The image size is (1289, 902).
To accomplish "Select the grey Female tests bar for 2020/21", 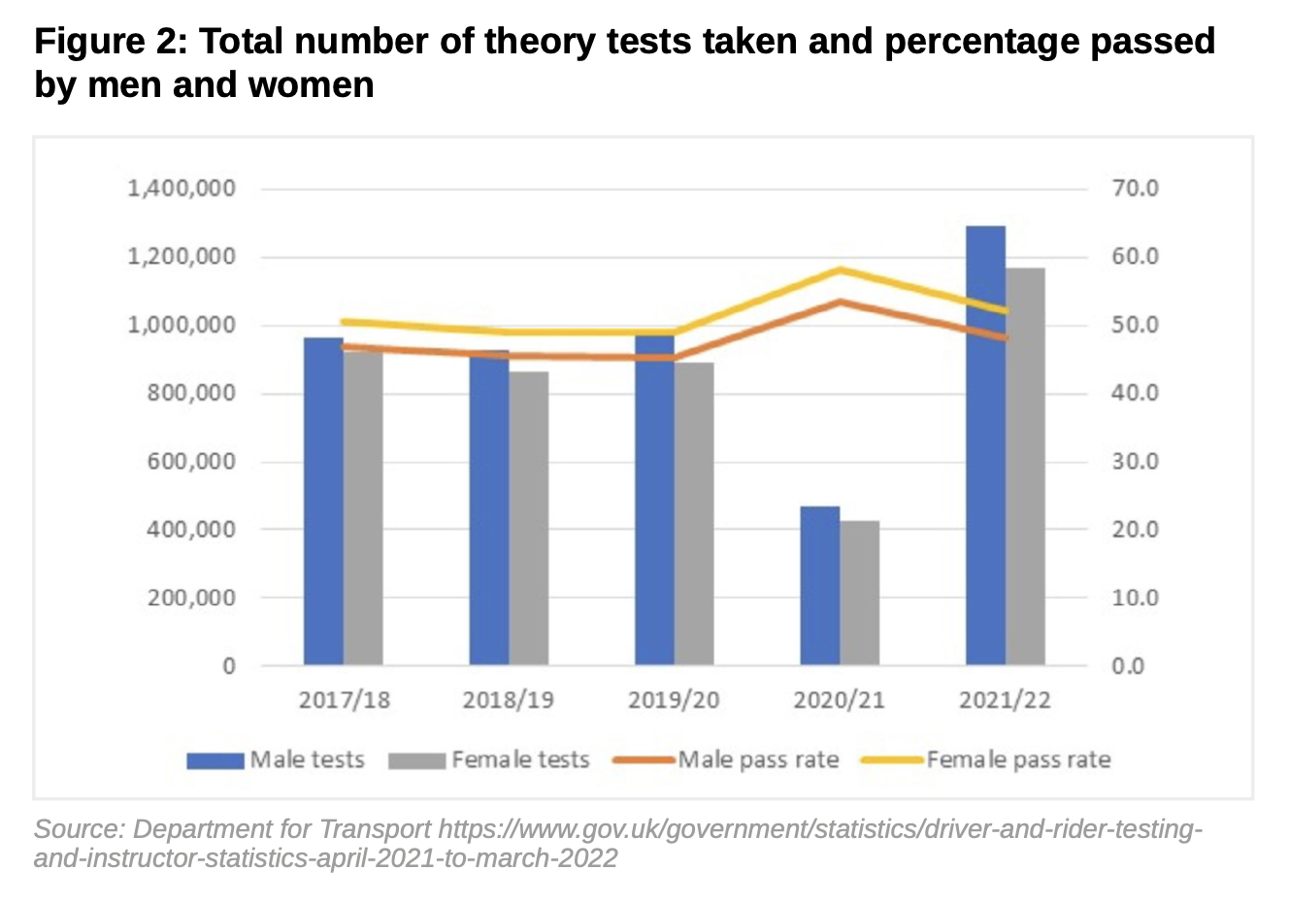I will tap(859, 593).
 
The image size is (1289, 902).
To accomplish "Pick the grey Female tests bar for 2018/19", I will tap(528, 518).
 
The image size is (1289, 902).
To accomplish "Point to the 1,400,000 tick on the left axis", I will tap(182, 188).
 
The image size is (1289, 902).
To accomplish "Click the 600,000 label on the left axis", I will tap(191, 462).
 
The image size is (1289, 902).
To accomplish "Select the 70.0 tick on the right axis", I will tap(1135, 188).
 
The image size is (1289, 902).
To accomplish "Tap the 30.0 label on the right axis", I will tap(1135, 462).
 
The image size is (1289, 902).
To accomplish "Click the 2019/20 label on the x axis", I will tap(674, 700).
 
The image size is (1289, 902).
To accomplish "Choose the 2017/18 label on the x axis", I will tap(344, 700).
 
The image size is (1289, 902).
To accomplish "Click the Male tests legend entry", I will tap(277, 760).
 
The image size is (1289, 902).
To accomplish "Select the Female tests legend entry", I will tap(489, 760).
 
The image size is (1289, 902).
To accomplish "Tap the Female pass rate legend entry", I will tap(986, 760).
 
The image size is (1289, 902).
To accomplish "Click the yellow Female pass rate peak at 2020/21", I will tap(841, 270).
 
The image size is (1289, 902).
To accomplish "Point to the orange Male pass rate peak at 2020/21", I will tap(841, 302).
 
